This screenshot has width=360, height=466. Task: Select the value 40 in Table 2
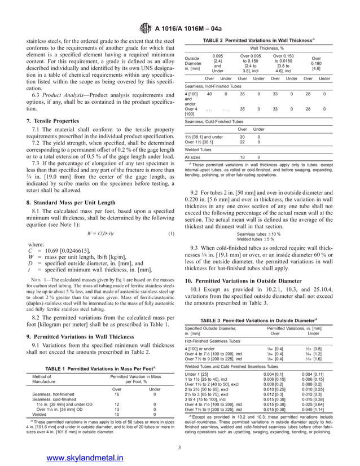point(202,94)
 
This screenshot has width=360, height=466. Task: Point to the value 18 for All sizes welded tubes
point(242,156)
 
